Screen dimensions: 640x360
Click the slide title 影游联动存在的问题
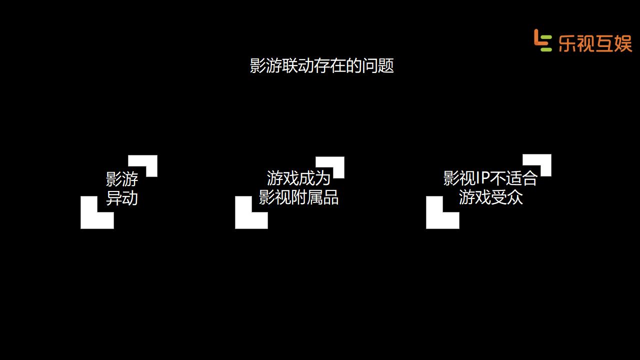pyautogui.click(x=322, y=65)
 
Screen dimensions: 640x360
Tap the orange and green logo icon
pyautogui.click(x=542, y=40)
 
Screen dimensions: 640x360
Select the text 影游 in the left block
pyautogui.click(x=122, y=178)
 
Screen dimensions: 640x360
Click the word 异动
pyautogui.click(x=122, y=198)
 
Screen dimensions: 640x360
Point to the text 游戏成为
pyautogui.click(x=298, y=178)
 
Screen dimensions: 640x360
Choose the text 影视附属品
pyautogui.click(x=298, y=197)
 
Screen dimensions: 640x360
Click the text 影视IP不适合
pyautogui.click(x=490, y=178)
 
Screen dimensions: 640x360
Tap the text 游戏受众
pyautogui.click(x=490, y=197)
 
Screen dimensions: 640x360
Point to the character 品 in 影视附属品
pyautogui.click(x=330, y=197)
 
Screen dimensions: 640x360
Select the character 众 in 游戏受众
pyautogui.click(x=514, y=197)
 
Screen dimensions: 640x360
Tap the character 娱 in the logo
pyautogui.click(x=623, y=42)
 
